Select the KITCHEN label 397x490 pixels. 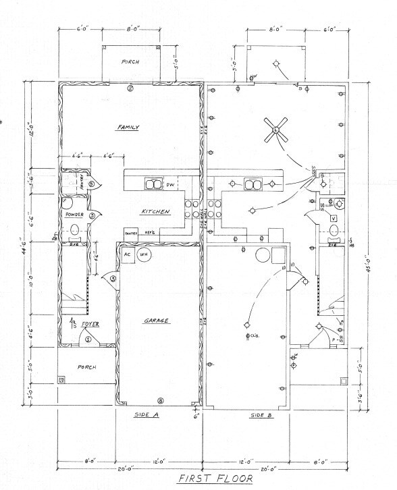[156, 212]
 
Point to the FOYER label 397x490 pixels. [90, 324]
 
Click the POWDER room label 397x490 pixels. [74, 215]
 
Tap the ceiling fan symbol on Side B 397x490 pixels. [276, 130]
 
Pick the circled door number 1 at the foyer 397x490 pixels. [88, 339]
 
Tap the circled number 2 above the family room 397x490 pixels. [131, 88]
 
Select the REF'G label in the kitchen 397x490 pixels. [151, 233]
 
